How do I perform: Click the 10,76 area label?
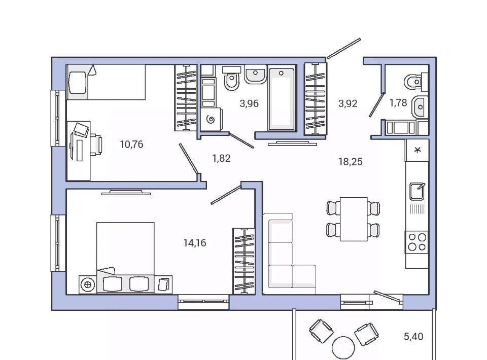pos(132,145)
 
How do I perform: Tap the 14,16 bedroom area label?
pos(195,243)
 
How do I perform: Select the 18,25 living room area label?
pos(351,162)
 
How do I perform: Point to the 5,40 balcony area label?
pos(413,336)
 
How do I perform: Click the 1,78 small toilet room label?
pos(398,103)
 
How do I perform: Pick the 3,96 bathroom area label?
pos(249,103)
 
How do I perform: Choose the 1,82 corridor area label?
pos(222,158)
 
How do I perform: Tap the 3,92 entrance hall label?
pos(348,103)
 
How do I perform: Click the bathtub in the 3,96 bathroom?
pos(282,99)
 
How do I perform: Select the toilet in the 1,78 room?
pos(416,82)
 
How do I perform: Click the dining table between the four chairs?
pos(354,219)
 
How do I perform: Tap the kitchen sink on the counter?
pos(417,191)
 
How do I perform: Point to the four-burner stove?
pos(417,242)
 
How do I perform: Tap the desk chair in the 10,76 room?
pos(96,145)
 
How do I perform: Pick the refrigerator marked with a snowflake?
pos(418,150)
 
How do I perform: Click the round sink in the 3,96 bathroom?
pos(255,74)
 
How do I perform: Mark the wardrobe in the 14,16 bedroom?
pos(244,261)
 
